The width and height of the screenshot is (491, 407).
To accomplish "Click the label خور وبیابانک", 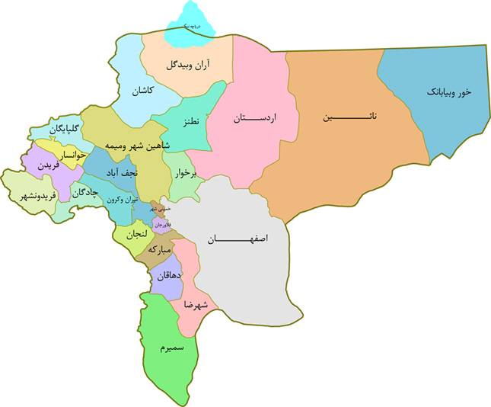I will pos(449,91).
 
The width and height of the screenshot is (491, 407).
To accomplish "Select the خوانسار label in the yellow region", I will pos(59,155).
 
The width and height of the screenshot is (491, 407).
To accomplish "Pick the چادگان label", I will pos(86,193).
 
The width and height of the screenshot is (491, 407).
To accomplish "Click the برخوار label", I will pos(183,174).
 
